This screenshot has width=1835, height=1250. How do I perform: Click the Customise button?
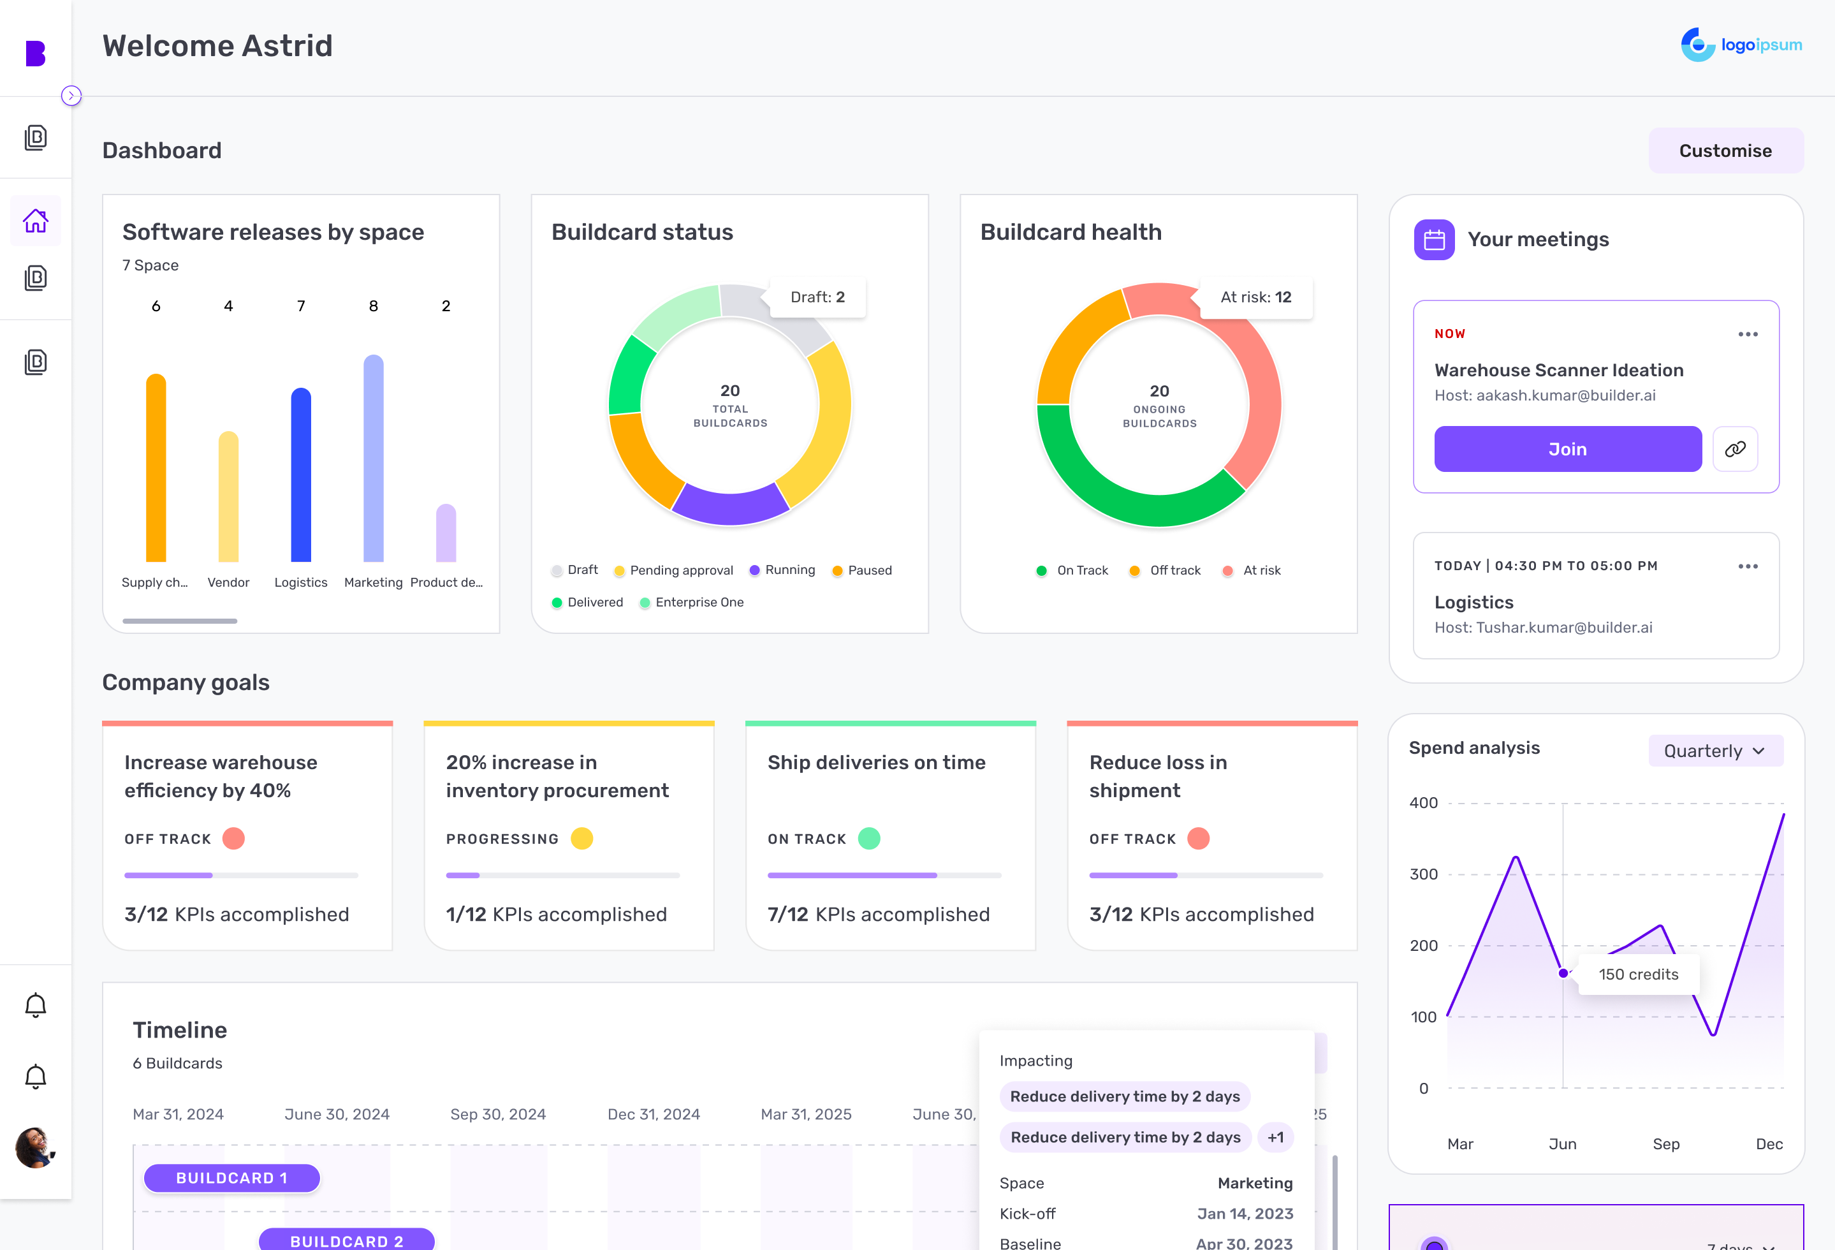(1725, 151)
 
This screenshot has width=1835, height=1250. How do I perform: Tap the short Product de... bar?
(446, 533)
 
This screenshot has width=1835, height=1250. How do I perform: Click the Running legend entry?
(782, 570)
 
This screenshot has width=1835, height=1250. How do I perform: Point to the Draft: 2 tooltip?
(817, 297)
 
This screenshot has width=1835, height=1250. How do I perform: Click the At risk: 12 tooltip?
(1255, 297)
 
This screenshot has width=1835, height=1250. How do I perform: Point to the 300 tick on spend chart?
(1424, 874)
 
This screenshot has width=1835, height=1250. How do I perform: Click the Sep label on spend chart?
(1665, 1143)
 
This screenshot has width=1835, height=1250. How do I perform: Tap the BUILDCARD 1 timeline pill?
(231, 1177)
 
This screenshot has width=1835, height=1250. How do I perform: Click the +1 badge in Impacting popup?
(1275, 1137)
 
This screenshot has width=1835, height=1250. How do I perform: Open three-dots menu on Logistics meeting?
(1748, 566)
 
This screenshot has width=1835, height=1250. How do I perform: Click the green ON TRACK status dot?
(868, 839)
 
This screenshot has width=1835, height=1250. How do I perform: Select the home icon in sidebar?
(36, 221)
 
